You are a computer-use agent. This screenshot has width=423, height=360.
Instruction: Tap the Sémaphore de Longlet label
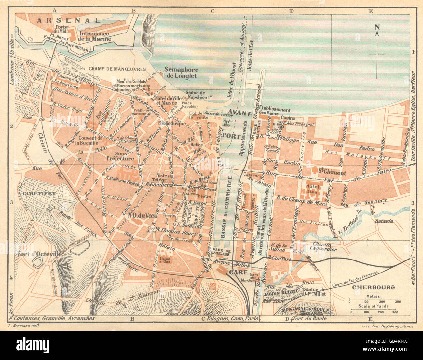tap(181, 73)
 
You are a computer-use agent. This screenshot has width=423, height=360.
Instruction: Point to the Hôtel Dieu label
tap(313, 189)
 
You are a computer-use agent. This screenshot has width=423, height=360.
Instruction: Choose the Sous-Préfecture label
tap(120, 156)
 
